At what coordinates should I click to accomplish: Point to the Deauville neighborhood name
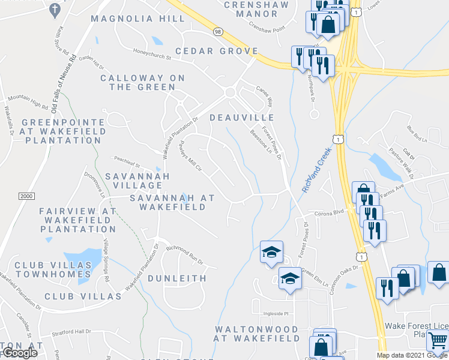pyautogui.click(x=243, y=118)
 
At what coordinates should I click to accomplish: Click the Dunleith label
pyautogui.click(x=177, y=278)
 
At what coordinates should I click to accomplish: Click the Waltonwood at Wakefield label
pyautogui.click(x=257, y=334)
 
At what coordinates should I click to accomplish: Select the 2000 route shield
pyautogui.click(x=26, y=196)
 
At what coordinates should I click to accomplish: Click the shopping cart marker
pyautogui.click(x=437, y=340)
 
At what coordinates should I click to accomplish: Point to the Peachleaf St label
pyautogui.click(x=127, y=163)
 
